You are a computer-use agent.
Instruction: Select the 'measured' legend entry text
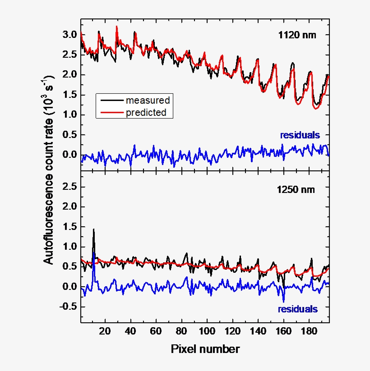point(148,100)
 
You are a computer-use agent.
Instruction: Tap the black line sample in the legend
point(111,100)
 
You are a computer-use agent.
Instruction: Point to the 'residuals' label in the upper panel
point(300,135)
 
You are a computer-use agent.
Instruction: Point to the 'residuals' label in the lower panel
point(297,309)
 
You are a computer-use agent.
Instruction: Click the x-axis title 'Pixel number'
point(205,349)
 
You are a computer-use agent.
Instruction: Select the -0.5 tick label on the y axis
point(67,307)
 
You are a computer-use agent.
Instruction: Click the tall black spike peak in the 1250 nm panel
point(93,229)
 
